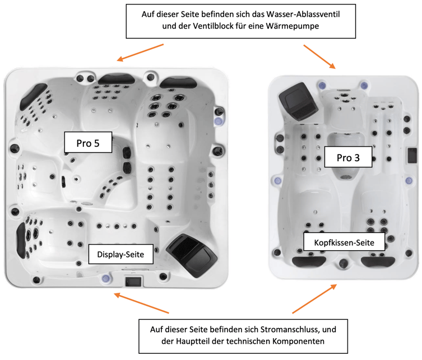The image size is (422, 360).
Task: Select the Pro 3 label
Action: click(x=349, y=158)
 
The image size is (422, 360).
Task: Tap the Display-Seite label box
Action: click(x=120, y=255)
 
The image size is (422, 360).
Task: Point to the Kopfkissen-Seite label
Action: click(x=344, y=242)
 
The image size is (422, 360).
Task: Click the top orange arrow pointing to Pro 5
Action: click(x=140, y=53)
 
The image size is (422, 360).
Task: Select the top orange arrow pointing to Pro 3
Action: click(x=320, y=57)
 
